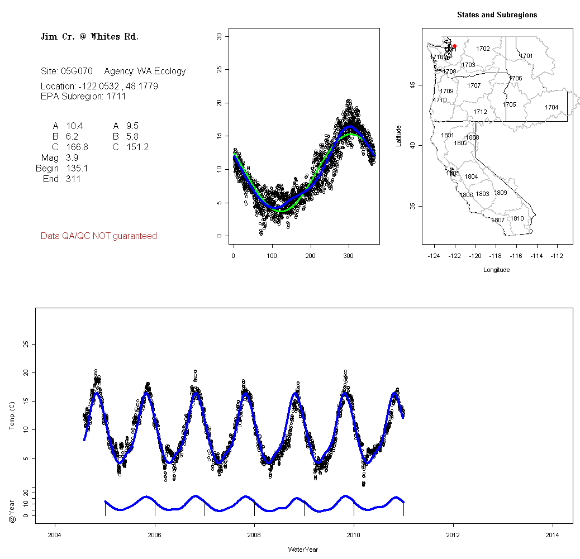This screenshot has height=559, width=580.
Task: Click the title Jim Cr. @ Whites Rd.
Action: [89, 37]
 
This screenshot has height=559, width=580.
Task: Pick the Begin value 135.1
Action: [77, 168]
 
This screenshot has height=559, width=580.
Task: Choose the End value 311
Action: [73, 179]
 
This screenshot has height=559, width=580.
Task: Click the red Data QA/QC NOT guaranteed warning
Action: [99, 236]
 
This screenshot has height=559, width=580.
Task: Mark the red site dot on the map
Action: [454, 46]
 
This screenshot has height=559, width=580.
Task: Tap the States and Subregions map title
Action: [497, 15]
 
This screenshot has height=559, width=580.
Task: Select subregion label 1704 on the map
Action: [552, 107]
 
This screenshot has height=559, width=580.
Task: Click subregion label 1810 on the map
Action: [517, 218]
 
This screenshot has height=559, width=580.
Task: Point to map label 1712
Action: [480, 112]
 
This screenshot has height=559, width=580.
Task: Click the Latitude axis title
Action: [398, 136]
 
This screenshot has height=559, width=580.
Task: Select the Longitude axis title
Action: [496, 270]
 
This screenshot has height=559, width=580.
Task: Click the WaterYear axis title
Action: [303, 550]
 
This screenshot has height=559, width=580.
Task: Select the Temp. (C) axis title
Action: [12, 416]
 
